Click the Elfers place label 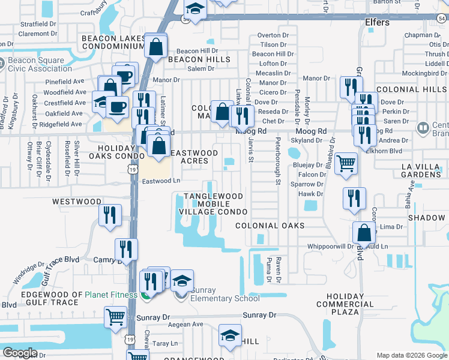tap(377, 23)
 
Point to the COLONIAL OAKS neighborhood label tap(270, 226)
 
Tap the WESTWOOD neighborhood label tap(76, 202)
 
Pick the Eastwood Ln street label tap(161, 181)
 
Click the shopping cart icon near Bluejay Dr tap(346, 163)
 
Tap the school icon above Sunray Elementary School tap(182, 280)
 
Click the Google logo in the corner tap(20, 353)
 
